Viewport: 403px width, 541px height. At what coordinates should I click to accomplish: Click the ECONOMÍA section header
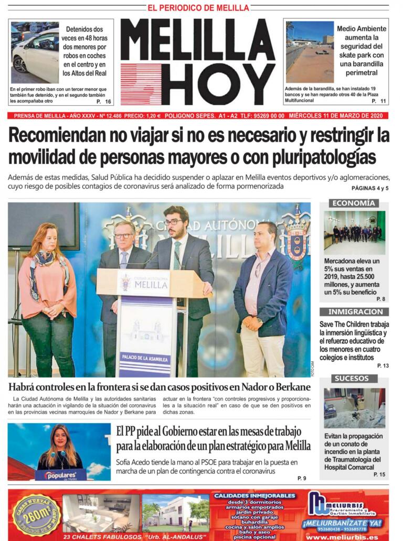(353, 203)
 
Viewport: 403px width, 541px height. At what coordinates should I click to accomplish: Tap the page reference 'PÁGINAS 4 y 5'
(370, 188)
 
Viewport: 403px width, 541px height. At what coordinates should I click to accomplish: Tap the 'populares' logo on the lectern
(61, 475)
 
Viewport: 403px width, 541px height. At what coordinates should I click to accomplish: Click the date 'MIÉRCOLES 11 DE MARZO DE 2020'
(338, 116)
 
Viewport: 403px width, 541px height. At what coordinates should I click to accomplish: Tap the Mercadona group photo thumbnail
(354, 233)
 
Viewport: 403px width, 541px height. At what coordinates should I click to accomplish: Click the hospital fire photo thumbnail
(354, 408)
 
